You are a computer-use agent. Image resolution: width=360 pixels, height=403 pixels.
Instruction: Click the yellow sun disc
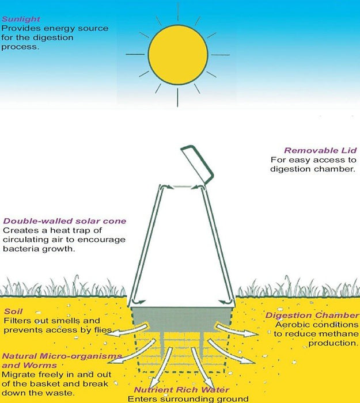point(178,55)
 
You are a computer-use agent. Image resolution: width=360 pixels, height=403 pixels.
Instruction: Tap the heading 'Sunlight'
point(21,19)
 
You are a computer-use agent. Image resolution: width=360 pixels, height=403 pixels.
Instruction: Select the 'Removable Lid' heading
point(320,150)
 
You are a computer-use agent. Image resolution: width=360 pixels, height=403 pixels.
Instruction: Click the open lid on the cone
point(198,164)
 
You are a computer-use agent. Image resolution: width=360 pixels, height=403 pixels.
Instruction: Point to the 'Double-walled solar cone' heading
point(65,221)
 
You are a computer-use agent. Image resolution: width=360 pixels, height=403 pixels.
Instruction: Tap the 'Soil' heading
point(13,311)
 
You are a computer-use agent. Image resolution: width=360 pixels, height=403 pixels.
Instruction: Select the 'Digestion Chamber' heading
point(312,315)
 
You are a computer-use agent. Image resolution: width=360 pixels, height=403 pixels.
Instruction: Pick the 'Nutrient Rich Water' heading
point(181,390)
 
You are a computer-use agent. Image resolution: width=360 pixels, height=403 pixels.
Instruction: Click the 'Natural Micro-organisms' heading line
point(62,356)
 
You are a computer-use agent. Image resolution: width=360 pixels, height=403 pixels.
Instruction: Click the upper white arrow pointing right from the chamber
point(237,330)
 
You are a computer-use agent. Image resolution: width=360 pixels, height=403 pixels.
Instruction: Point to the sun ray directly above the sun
point(177,12)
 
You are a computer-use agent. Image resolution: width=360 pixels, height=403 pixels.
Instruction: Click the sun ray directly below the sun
point(177,97)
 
